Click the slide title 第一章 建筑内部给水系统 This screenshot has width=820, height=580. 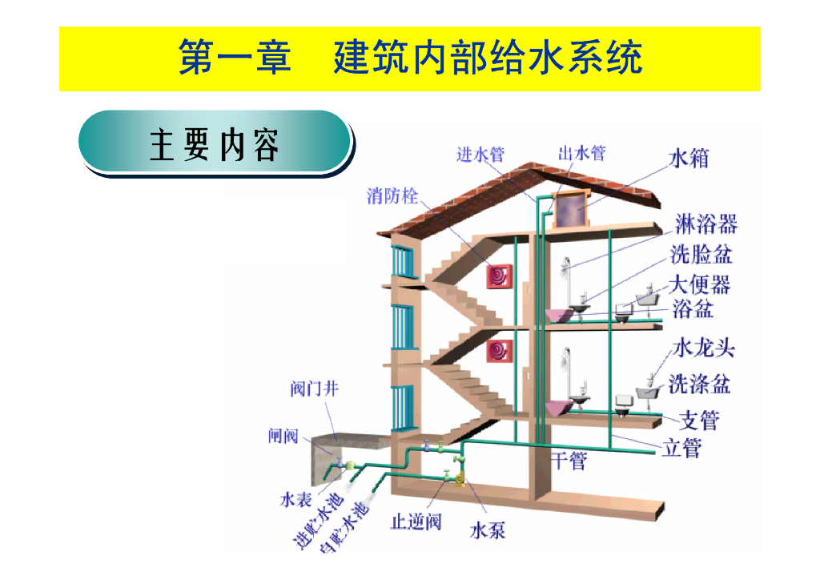pyautogui.click(x=409, y=59)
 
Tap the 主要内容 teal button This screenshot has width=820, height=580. pyautogui.click(x=215, y=144)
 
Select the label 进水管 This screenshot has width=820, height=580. pyautogui.click(x=480, y=155)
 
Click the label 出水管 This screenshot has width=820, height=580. pyautogui.click(x=581, y=153)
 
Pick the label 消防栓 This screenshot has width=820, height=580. pyautogui.click(x=392, y=195)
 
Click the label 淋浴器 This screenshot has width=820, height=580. pyautogui.click(x=705, y=224)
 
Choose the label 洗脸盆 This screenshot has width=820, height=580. pyautogui.click(x=701, y=254)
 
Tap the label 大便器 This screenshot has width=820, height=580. pyautogui.click(x=699, y=284)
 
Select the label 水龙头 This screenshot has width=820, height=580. pyautogui.click(x=703, y=348)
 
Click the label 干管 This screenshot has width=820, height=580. pyautogui.click(x=569, y=461)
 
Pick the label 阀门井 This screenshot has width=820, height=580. pyautogui.click(x=314, y=389)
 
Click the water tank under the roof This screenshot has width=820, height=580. pyautogui.click(x=572, y=211)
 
